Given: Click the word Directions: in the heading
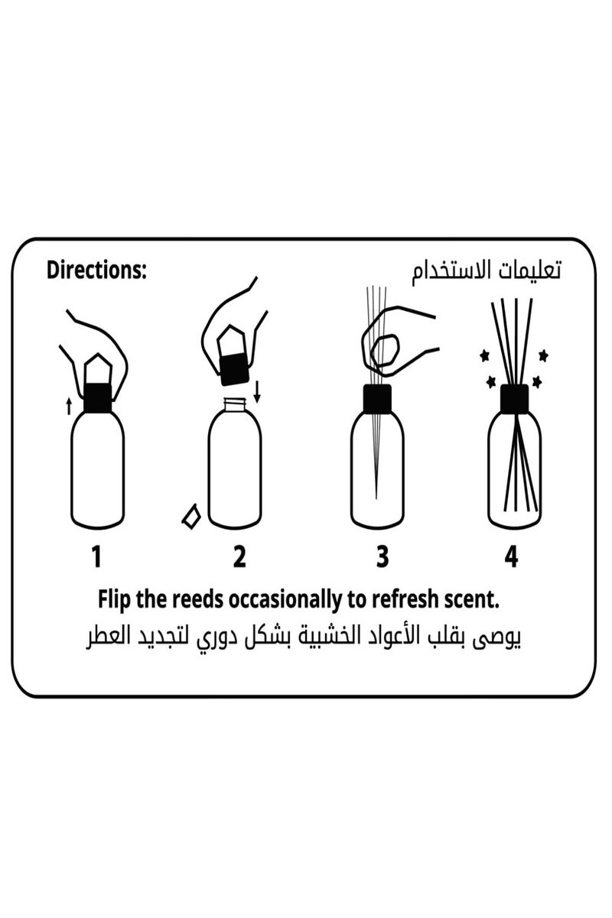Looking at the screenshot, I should tap(96, 271).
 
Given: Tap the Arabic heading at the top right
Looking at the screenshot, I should tap(486, 272).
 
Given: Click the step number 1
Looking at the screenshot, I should tap(96, 557).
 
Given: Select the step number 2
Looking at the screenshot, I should tap(239, 557).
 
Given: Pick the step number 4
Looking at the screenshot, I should tap(510, 557).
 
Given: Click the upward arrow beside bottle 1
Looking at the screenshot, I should tap(70, 404).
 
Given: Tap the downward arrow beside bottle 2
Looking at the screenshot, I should tap(257, 391).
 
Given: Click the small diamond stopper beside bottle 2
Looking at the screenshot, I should tap(190, 516).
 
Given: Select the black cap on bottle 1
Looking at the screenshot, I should tap(97, 398).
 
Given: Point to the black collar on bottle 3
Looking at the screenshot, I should tap(376, 398).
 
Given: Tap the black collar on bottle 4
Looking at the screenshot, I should tap(515, 398).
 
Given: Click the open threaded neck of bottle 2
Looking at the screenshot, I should tap(233, 404).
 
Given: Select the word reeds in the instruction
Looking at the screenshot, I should tap(197, 600).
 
